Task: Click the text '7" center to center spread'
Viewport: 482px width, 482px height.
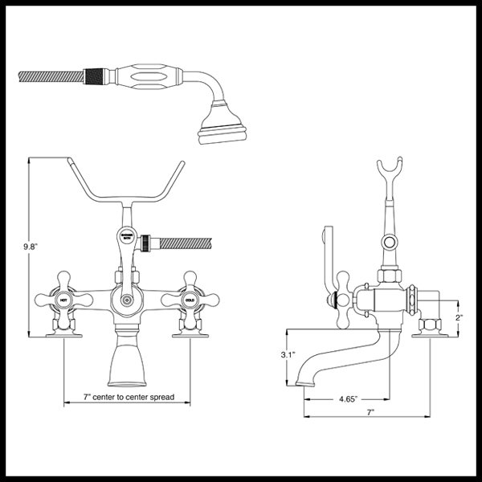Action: [x=129, y=397]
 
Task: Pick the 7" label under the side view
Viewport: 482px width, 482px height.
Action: [x=371, y=411]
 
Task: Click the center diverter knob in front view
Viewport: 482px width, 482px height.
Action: [x=126, y=300]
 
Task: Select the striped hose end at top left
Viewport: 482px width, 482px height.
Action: [x=48, y=77]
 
